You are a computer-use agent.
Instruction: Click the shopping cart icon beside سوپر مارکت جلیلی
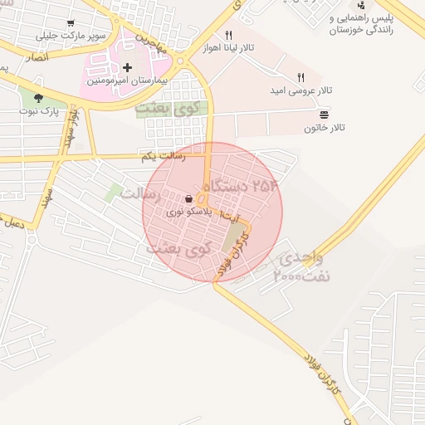coord(71,23)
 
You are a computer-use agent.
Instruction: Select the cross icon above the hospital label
coord(127,67)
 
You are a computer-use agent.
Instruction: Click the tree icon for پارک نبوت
coord(38,98)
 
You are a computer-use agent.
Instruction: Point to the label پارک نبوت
coord(40,112)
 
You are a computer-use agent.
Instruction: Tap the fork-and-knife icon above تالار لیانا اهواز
coord(227,35)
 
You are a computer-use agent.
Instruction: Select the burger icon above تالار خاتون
coord(324,113)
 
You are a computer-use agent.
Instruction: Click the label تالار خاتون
coord(324,128)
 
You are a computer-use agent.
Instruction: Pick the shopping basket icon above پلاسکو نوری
coord(189,198)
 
